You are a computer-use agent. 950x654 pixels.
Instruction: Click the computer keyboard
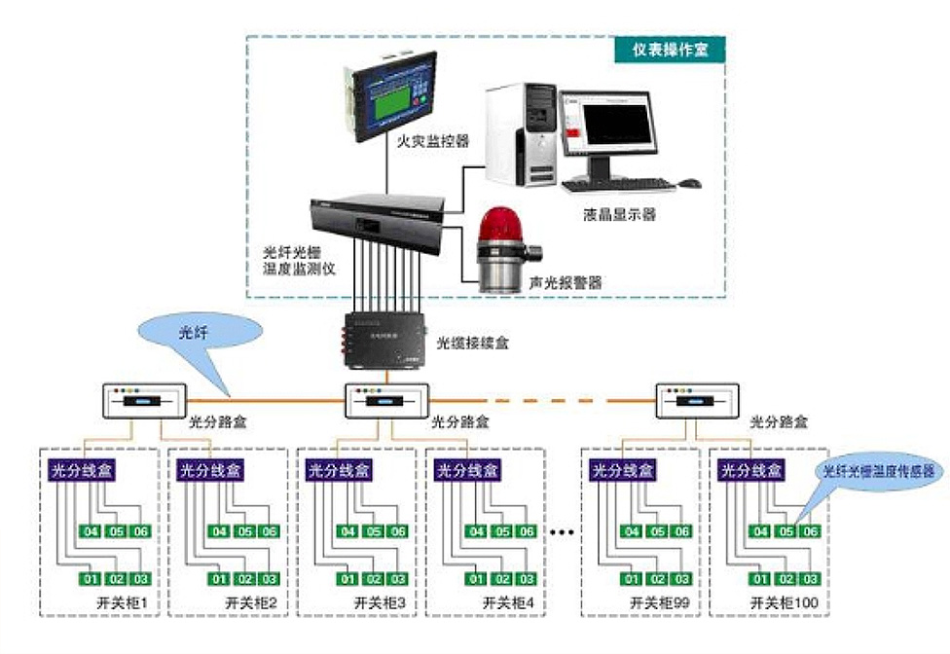(x=631, y=184)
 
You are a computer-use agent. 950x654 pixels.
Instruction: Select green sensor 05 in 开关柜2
(x=243, y=531)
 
